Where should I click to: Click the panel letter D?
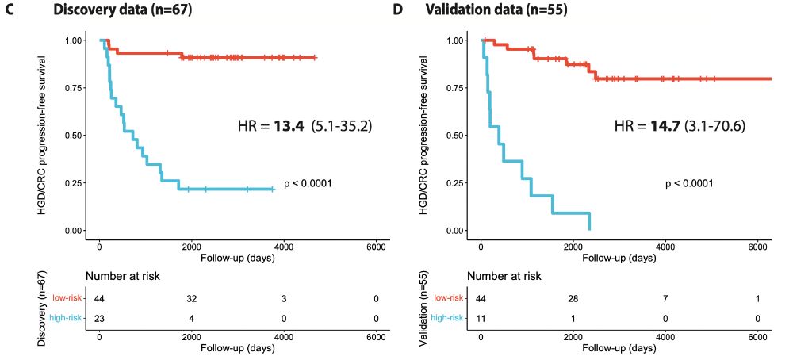tap(398, 11)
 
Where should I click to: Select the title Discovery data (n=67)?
tap(122, 11)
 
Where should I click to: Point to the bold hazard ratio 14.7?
tap(666, 126)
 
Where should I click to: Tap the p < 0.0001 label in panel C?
tap(308, 183)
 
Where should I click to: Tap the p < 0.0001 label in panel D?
tap(688, 183)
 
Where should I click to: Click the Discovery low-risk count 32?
tap(191, 298)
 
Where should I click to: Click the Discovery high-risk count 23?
tap(99, 318)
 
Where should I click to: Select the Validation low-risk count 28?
tap(572, 298)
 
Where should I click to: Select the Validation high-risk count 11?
tap(480, 318)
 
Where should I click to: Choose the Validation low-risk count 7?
tap(665, 298)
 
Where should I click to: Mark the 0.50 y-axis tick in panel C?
tap(75, 136)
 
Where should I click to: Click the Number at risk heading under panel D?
tap(505, 276)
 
